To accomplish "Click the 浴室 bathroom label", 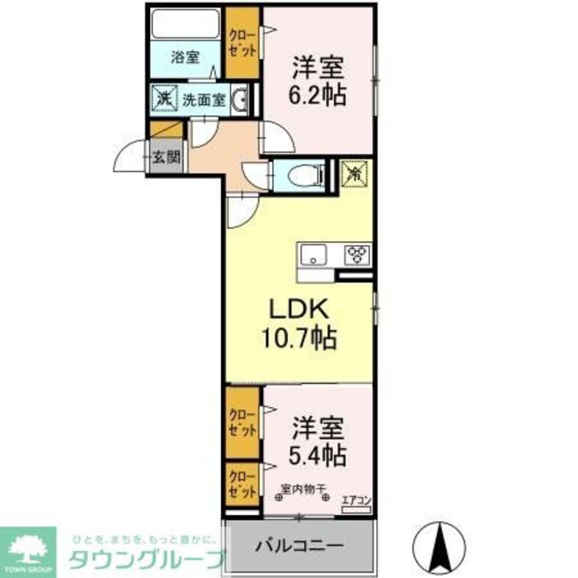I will [x=186, y=57].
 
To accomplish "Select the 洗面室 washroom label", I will [x=203, y=99].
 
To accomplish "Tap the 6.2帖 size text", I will [x=318, y=94].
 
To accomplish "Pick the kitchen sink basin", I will [x=313, y=254].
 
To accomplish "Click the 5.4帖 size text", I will [x=318, y=455].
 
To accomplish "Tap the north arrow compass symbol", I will [x=440, y=546].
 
